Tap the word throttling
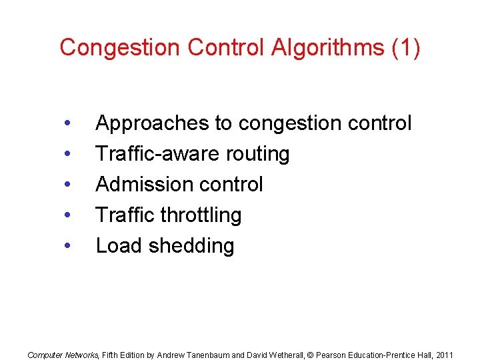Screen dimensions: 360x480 pyautogui.click(x=201, y=215)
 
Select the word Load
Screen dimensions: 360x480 pyautogui.click(x=119, y=246)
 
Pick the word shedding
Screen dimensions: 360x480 pyautogui.click(x=191, y=246)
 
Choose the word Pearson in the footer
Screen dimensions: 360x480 pyautogui.click(x=331, y=355)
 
